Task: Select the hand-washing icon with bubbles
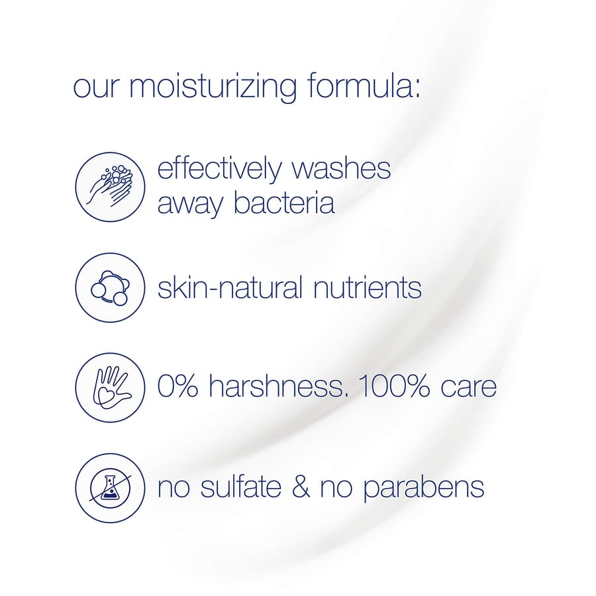point(109,186)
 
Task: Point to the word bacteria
point(283,203)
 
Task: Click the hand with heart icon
point(109,387)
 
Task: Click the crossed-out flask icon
point(109,488)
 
